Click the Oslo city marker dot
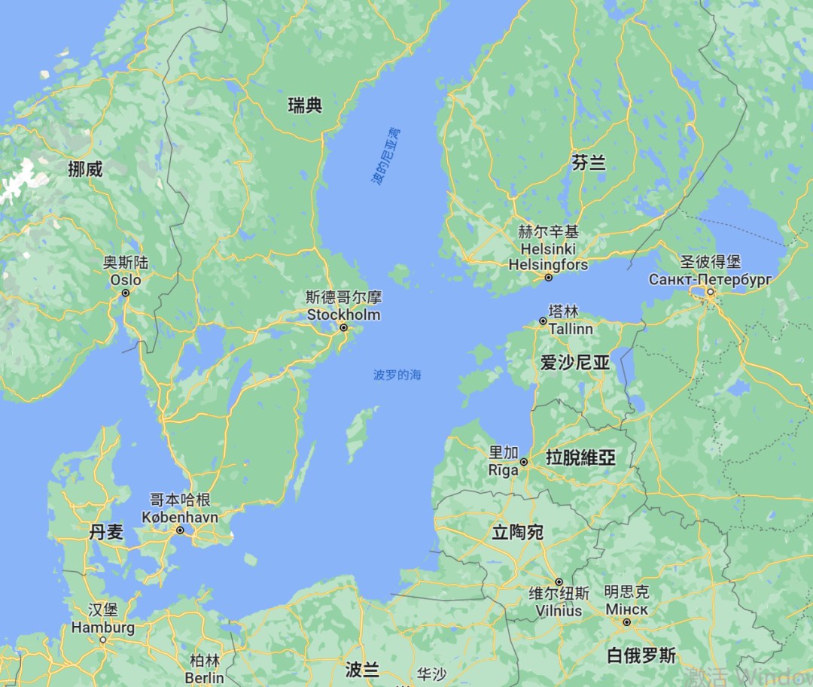click(x=126, y=292)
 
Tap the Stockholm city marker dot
click(x=343, y=327)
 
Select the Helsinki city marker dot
click(x=549, y=278)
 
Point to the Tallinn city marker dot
click(x=543, y=321)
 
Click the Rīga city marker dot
click(x=524, y=461)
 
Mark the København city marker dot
click(x=180, y=530)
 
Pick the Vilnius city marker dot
click(x=559, y=582)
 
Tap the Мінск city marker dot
click(x=626, y=622)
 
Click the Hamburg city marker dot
click(x=103, y=640)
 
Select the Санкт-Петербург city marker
click(x=710, y=292)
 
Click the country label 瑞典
click(x=305, y=106)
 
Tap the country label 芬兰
click(x=589, y=163)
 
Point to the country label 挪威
click(x=85, y=169)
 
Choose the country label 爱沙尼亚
click(x=574, y=363)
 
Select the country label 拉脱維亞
click(x=580, y=457)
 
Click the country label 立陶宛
click(x=517, y=533)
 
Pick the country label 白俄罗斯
click(x=641, y=655)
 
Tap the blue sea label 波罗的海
click(x=397, y=375)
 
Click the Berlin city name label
click(x=204, y=677)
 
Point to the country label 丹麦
click(x=106, y=533)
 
